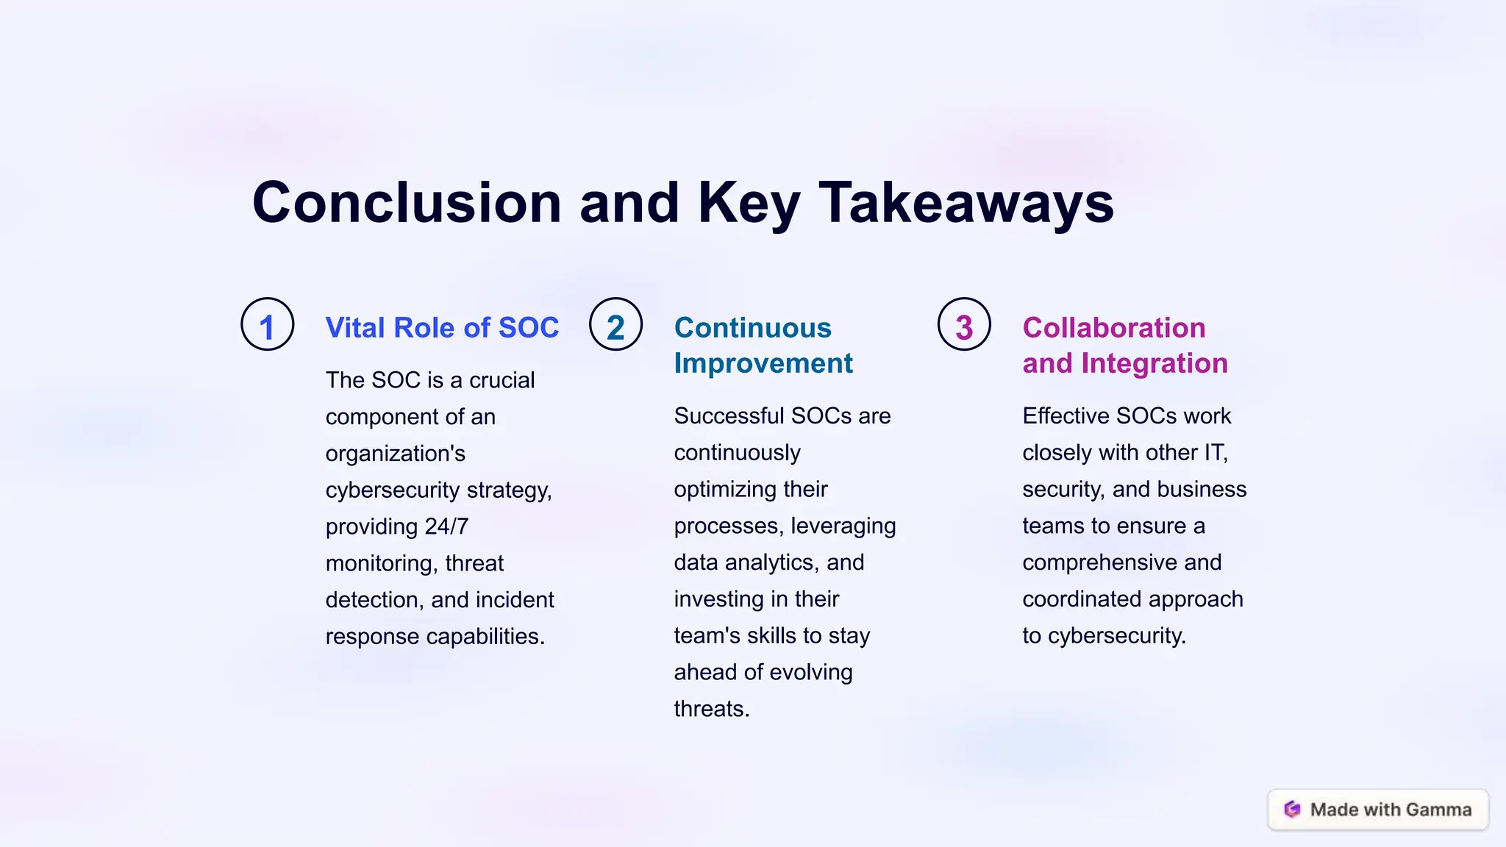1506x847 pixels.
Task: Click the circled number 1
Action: pos(267,324)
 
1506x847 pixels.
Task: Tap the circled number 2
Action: pos(615,324)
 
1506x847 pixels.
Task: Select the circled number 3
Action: pos(964,324)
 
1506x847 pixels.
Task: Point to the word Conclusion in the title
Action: pos(407,203)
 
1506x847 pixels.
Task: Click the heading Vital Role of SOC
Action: pos(442,328)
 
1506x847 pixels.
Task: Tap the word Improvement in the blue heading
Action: pos(763,363)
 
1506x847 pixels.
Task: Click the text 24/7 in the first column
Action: pos(446,526)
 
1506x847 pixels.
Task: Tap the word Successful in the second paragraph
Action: pos(729,416)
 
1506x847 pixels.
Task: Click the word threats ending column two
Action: pos(711,709)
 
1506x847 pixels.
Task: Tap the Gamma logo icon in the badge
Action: pos(1292,810)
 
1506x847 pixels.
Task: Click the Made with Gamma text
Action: pos(1391,810)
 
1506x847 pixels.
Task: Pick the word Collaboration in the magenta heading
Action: pos(1113,328)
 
